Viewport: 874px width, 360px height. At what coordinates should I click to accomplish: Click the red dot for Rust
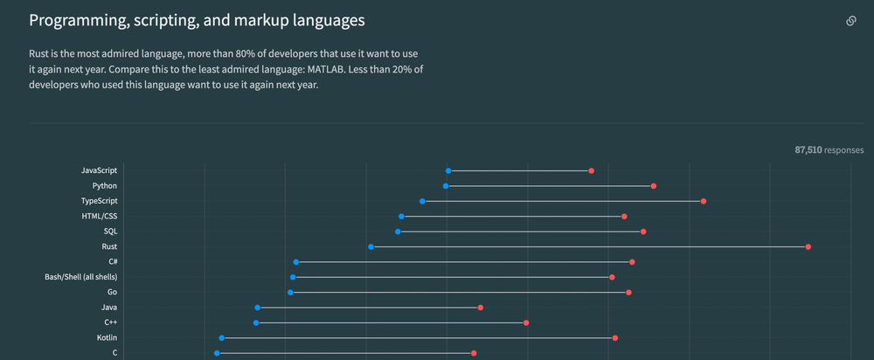808,247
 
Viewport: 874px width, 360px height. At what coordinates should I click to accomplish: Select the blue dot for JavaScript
448,171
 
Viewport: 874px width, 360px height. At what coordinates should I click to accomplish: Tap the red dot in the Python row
654,186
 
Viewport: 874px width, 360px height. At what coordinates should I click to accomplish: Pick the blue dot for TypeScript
422,202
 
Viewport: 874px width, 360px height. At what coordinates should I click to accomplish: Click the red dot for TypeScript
704,202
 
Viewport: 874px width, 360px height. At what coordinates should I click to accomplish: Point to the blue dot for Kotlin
222,338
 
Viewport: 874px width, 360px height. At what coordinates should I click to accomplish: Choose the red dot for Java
481,308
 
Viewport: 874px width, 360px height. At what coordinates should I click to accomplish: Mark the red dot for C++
526,323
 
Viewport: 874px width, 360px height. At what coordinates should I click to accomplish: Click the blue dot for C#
296,262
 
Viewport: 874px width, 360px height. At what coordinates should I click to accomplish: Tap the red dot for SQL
643,232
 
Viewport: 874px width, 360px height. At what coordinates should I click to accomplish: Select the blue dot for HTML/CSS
402,217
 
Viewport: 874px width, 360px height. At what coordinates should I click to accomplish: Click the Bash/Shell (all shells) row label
80,277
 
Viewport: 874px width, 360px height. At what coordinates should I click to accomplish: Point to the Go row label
112,293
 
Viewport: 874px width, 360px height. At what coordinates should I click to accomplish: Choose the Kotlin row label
107,338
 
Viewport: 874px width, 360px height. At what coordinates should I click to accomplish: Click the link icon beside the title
850,21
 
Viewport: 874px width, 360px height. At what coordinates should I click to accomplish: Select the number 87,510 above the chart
808,150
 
